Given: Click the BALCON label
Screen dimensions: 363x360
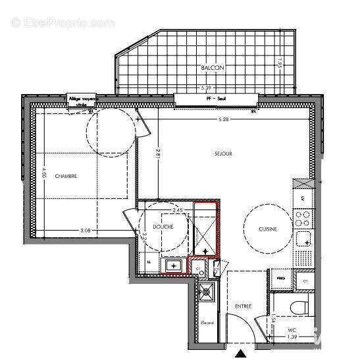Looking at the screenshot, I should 213,68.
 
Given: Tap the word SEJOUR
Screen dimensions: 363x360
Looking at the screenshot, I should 224,154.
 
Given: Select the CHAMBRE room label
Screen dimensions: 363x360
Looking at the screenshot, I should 66,176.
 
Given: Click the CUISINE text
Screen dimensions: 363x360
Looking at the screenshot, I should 267,229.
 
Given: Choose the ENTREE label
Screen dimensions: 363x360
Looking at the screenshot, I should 243,307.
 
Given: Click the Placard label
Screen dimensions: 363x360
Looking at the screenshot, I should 207,323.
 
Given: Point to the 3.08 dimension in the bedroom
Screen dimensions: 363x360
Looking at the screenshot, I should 85,230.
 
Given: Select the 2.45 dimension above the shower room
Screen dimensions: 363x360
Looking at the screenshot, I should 176,210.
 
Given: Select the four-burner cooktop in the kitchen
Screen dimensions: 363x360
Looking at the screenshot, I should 303,215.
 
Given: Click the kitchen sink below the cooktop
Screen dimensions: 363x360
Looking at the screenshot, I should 303,238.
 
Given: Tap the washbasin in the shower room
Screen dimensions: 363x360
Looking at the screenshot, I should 173,265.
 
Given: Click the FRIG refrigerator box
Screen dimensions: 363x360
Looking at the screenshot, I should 280,279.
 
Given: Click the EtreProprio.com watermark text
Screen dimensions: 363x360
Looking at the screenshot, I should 63,23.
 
